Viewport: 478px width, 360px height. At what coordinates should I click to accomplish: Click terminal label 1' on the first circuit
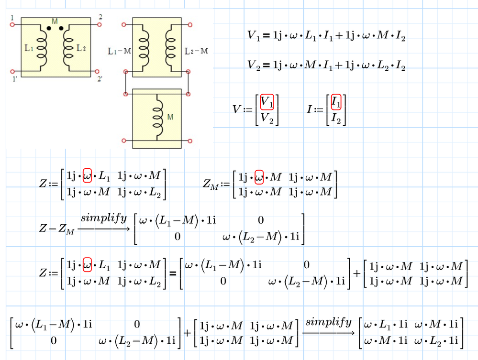click(x=15, y=79)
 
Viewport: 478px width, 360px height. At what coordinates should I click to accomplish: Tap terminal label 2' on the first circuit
click(x=100, y=79)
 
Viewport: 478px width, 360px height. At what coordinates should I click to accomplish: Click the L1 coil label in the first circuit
click(x=29, y=48)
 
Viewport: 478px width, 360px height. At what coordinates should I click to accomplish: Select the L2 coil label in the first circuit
click(x=81, y=48)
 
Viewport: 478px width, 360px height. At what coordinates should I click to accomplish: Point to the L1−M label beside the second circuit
click(x=120, y=51)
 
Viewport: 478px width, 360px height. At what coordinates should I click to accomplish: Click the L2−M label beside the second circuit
click(x=196, y=51)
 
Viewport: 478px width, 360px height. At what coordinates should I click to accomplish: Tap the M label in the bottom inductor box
click(x=170, y=117)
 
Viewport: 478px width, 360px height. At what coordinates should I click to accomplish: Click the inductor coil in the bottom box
click(x=158, y=117)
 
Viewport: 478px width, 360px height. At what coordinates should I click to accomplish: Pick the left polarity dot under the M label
click(x=49, y=28)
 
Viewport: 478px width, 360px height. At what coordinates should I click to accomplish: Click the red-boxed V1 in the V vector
click(x=267, y=102)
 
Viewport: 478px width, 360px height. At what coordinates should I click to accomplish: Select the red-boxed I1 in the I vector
click(x=336, y=102)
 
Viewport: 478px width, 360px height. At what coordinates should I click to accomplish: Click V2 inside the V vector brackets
click(x=267, y=118)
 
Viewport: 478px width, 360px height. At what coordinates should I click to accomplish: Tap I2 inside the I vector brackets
click(x=336, y=118)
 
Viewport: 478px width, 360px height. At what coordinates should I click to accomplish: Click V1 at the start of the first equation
click(x=254, y=36)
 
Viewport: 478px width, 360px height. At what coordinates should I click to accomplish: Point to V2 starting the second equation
click(x=254, y=65)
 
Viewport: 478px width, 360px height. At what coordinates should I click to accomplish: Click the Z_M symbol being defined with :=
click(x=211, y=184)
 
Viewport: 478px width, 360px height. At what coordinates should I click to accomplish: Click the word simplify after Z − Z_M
click(x=104, y=218)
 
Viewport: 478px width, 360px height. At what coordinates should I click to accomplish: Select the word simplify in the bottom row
click(x=328, y=322)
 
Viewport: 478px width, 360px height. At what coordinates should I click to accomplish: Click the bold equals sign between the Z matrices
click(x=173, y=273)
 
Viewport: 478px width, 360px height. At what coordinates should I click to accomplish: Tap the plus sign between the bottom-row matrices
click(x=187, y=333)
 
